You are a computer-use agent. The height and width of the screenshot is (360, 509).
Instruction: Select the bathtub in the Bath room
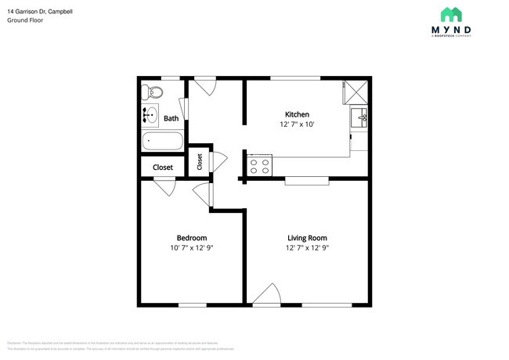pyautogui.click(x=162, y=142)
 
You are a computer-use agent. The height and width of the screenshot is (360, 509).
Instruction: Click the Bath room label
pyautogui.click(x=171, y=119)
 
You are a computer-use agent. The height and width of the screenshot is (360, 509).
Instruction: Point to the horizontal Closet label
pyautogui.click(x=163, y=167)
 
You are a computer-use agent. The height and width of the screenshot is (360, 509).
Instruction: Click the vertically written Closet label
pyautogui.click(x=200, y=161)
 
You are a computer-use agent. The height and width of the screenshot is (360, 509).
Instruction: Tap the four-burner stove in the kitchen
pyautogui.click(x=259, y=166)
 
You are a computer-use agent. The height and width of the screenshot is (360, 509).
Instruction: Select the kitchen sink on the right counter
pyautogui.click(x=360, y=119)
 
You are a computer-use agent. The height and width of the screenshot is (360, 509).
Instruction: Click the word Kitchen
pyautogui.click(x=296, y=114)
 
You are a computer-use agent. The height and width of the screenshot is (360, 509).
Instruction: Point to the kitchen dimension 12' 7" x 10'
pyautogui.click(x=296, y=124)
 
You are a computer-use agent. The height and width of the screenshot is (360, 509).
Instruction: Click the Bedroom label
pyautogui.click(x=191, y=238)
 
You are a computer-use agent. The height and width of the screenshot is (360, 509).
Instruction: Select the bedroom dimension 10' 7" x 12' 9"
pyautogui.click(x=191, y=248)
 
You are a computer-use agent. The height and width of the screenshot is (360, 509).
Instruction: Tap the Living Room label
pyautogui.click(x=307, y=238)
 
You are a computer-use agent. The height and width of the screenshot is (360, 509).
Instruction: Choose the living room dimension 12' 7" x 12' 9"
pyautogui.click(x=307, y=248)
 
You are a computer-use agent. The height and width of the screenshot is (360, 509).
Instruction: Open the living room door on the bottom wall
pyautogui.click(x=267, y=296)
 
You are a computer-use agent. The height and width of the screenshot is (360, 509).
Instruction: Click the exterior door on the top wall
pyautogui.click(x=205, y=85)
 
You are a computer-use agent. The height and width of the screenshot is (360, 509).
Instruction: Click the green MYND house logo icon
pyautogui.click(x=450, y=15)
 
